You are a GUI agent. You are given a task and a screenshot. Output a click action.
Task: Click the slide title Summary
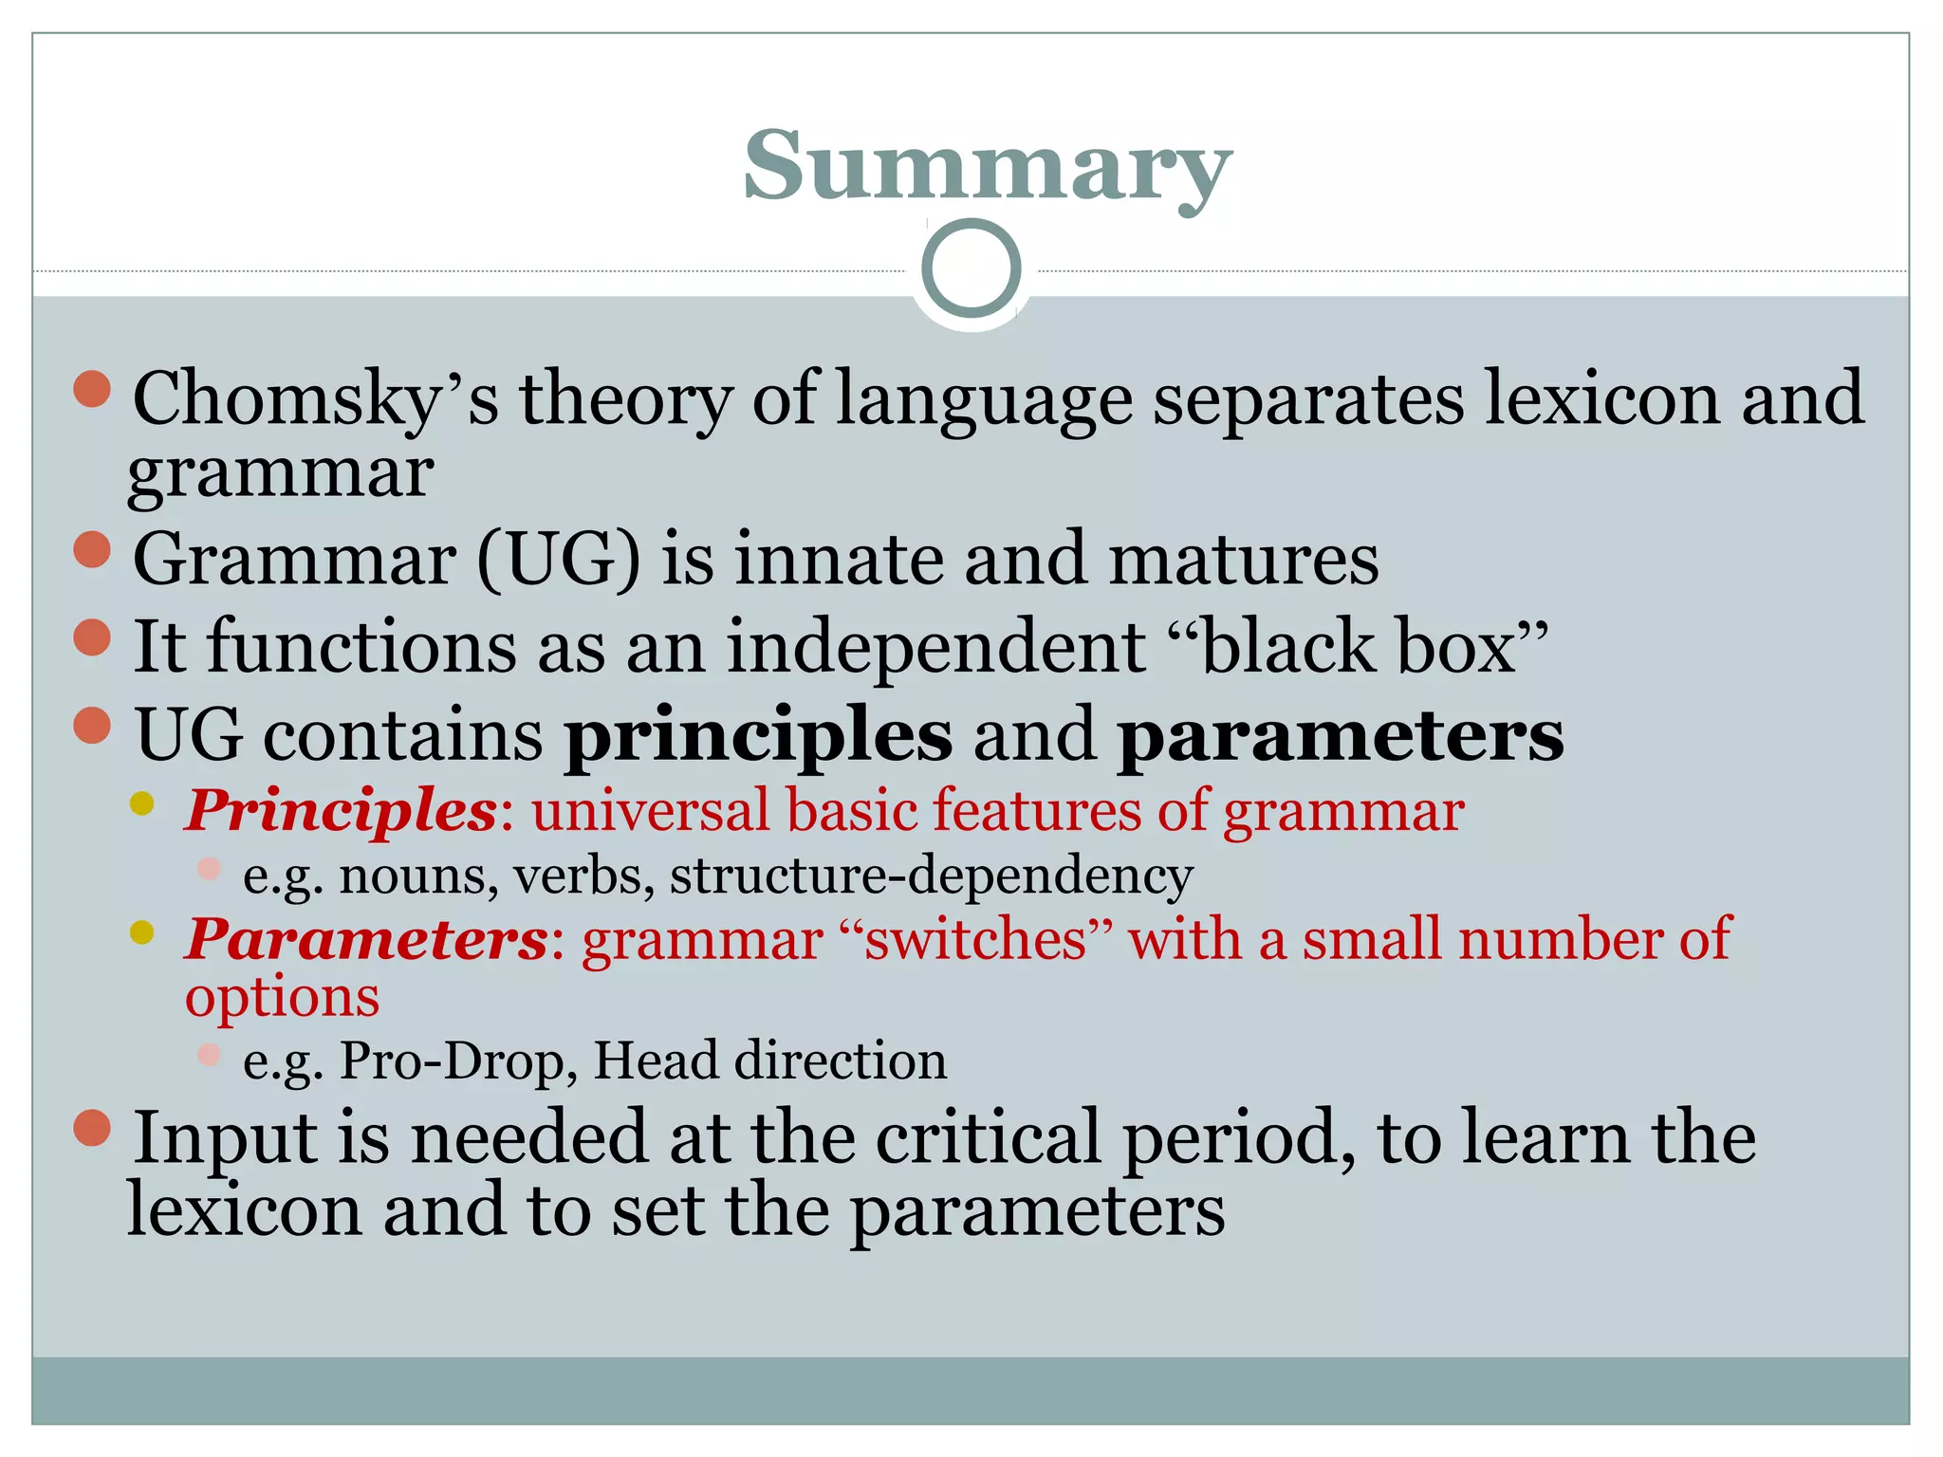(987, 167)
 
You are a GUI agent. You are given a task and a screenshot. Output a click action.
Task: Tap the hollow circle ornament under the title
(971, 268)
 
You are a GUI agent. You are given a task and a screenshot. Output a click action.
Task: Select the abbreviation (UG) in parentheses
(559, 560)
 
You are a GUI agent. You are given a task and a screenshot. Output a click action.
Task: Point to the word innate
(839, 560)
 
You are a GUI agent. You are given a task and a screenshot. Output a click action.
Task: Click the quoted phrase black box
(1375, 647)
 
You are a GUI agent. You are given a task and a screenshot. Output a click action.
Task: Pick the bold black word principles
(758, 735)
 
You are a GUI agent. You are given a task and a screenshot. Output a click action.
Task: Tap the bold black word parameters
(1340, 735)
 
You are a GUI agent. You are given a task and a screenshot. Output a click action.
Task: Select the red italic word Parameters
(366, 939)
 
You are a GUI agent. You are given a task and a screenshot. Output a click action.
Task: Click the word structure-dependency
(931, 875)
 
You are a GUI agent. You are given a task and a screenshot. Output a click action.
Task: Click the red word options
(282, 998)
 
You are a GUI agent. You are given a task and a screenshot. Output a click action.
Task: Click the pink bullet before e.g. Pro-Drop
(210, 1054)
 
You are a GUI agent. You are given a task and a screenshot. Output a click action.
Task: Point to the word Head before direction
(655, 1060)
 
